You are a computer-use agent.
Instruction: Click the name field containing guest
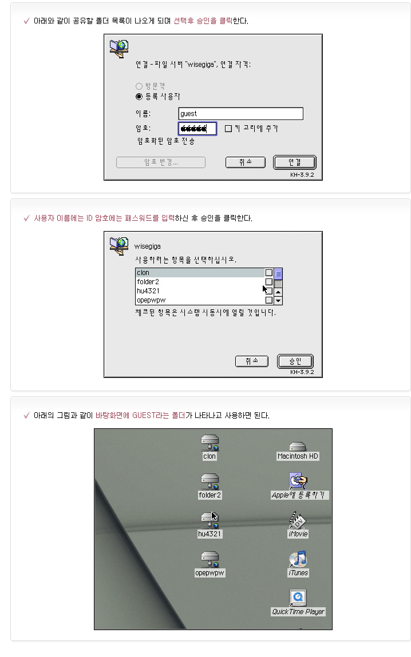[x=241, y=114]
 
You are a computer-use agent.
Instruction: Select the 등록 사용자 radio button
[x=139, y=97]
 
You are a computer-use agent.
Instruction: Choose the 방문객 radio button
[x=139, y=86]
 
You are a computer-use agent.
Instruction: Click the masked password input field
[x=197, y=129]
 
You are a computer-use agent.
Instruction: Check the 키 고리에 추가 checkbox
[x=228, y=129]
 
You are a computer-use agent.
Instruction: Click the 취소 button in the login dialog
[x=246, y=162]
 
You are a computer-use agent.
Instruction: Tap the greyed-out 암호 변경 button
[x=161, y=162]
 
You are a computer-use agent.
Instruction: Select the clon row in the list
[x=200, y=273]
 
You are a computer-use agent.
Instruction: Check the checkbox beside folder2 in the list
[x=269, y=282]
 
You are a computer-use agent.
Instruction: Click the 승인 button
[x=295, y=361]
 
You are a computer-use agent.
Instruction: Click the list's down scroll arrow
[x=278, y=300]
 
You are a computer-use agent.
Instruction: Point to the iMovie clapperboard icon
[x=298, y=520]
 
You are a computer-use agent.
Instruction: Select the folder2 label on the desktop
[x=210, y=495]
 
